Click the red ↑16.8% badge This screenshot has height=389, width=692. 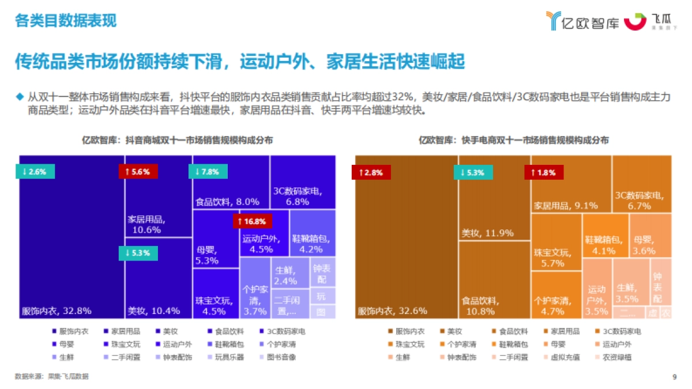pos(252,221)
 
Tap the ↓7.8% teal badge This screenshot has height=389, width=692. pos(208,171)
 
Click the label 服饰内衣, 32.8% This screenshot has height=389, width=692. pos(57,311)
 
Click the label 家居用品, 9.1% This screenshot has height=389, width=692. pos(566,205)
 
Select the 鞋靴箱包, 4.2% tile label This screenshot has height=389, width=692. pos(311,244)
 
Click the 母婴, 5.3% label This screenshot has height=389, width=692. pos(207,255)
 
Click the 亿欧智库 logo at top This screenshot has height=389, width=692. pos(582,21)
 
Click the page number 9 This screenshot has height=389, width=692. pos(674,377)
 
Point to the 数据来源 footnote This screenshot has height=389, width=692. pos(52,376)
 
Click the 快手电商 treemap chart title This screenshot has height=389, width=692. pos(514,140)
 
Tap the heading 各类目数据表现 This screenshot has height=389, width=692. pos(66,21)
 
